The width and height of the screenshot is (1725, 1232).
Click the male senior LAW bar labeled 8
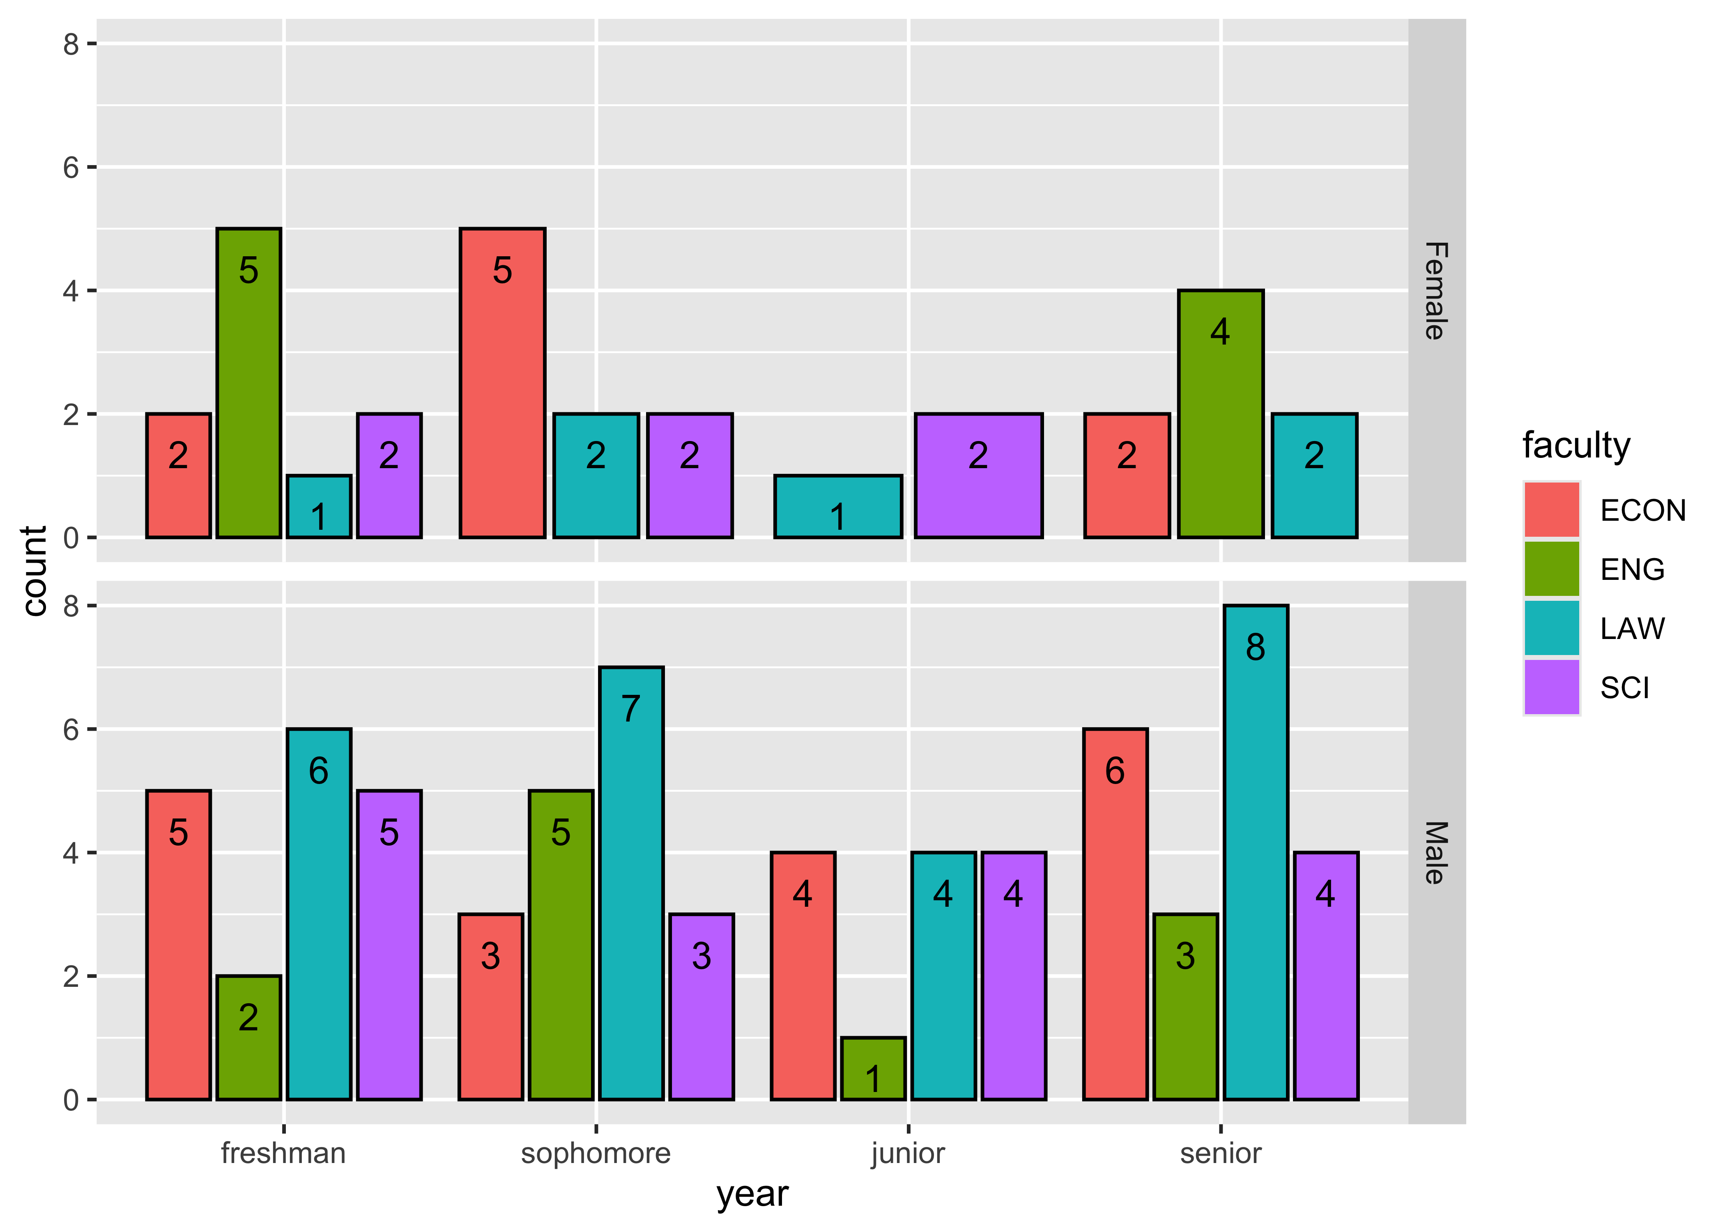pos(1256,852)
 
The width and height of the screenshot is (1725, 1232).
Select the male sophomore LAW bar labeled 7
pos(631,883)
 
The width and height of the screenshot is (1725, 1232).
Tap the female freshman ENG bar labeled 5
pos(249,383)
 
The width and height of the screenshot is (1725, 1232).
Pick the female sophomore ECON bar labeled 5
pos(502,383)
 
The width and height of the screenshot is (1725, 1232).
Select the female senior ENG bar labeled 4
pos(1220,414)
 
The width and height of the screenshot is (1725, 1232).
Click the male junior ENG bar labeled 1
pos(873,1068)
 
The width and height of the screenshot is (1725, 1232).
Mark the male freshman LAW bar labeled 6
pos(319,914)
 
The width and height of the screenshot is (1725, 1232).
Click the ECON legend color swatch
pos(1551,510)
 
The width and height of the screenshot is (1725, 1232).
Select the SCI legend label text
pos(1625,688)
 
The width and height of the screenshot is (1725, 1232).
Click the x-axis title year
pos(752,1194)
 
